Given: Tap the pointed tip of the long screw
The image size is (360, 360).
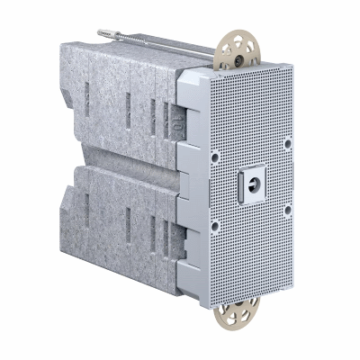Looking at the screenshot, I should [x=99, y=32].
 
